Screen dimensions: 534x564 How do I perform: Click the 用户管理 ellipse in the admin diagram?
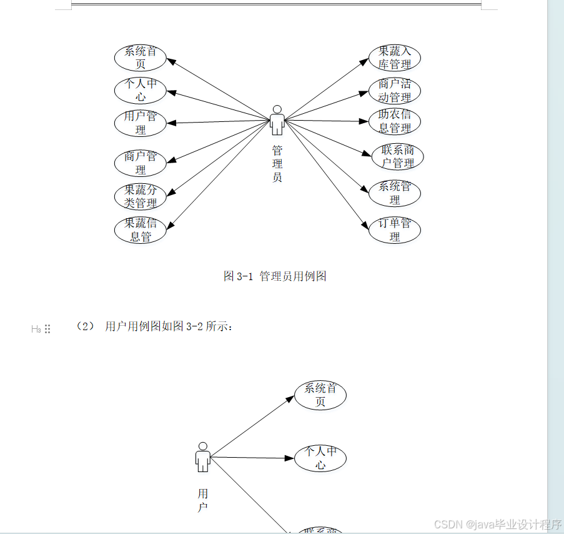point(141,123)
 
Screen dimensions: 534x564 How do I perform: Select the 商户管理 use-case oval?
point(141,163)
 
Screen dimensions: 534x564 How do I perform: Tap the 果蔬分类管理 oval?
point(141,196)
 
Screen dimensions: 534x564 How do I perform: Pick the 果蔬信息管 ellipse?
point(141,229)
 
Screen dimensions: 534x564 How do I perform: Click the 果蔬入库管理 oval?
point(395,58)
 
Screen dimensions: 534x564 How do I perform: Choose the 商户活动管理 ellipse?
point(395,91)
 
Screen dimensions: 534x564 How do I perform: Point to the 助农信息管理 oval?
point(395,121)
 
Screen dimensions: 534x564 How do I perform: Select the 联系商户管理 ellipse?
point(397,157)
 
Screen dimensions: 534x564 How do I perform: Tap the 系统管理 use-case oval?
point(395,193)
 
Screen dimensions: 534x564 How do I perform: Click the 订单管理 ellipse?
point(395,229)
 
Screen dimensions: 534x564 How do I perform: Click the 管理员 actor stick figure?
point(277,120)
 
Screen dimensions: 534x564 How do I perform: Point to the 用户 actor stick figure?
point(202,457)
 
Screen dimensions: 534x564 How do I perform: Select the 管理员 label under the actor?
point(277,163)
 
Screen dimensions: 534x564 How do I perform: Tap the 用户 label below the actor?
point(202,500)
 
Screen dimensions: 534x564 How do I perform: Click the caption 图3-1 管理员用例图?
point(275,276)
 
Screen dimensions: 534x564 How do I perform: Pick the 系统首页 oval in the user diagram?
point(320,395)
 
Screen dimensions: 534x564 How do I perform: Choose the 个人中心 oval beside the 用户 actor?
point(320,458)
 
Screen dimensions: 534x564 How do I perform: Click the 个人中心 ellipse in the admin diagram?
point(141,90)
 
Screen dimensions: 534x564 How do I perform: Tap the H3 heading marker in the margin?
point(36,329)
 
